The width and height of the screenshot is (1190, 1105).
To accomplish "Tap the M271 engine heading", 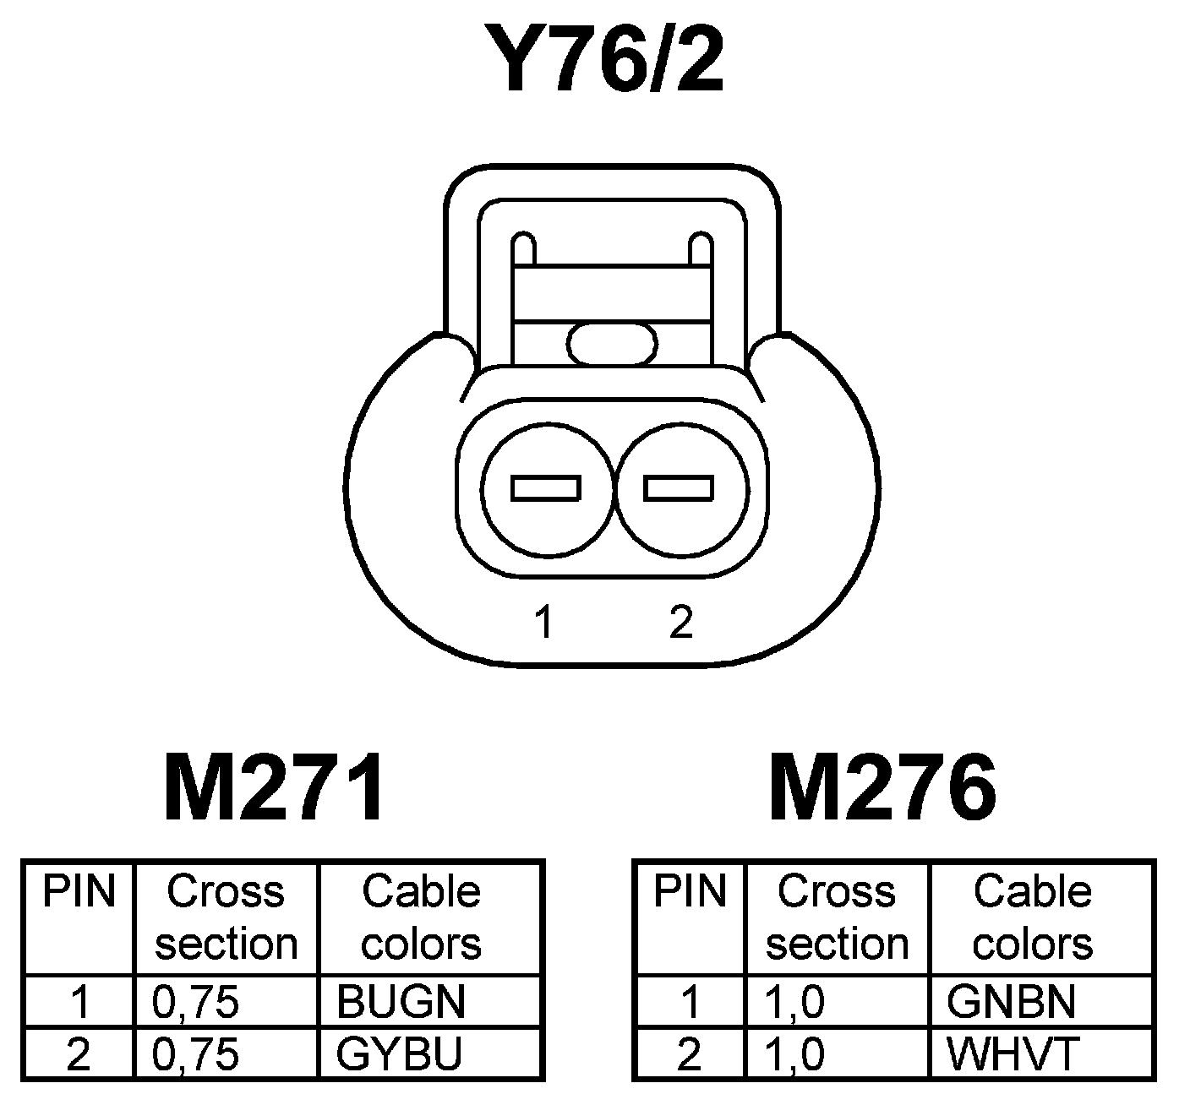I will (x=274, y=789).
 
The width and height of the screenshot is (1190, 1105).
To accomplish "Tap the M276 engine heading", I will (x=882, y=789).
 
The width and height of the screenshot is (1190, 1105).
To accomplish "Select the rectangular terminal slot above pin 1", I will (x=546, y=488).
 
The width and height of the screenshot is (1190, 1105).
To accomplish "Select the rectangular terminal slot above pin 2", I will (x=679, y=488).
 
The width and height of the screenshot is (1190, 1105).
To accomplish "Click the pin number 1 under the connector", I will (x=543, y=623).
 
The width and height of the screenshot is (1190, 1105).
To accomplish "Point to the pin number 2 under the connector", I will (x=680, y=623).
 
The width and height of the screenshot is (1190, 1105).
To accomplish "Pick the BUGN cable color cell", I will (x=401, y=1002).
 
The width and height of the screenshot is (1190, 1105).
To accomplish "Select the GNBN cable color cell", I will (x=1012, y=1002).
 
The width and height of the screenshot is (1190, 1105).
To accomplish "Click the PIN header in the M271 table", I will (x=79, y=892).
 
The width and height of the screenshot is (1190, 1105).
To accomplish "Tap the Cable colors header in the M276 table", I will (x=1033, y=917).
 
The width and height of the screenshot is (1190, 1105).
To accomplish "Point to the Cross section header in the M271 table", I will (x=227, y=917).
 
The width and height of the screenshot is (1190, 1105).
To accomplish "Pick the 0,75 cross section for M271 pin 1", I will (x=196, y=1002).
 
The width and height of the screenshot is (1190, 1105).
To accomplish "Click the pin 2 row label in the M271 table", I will (x=79, y=1053).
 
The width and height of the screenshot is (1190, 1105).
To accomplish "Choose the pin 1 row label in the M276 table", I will (x=691, y=1002).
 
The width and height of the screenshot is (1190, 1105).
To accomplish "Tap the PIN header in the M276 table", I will (x=690, y=892).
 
